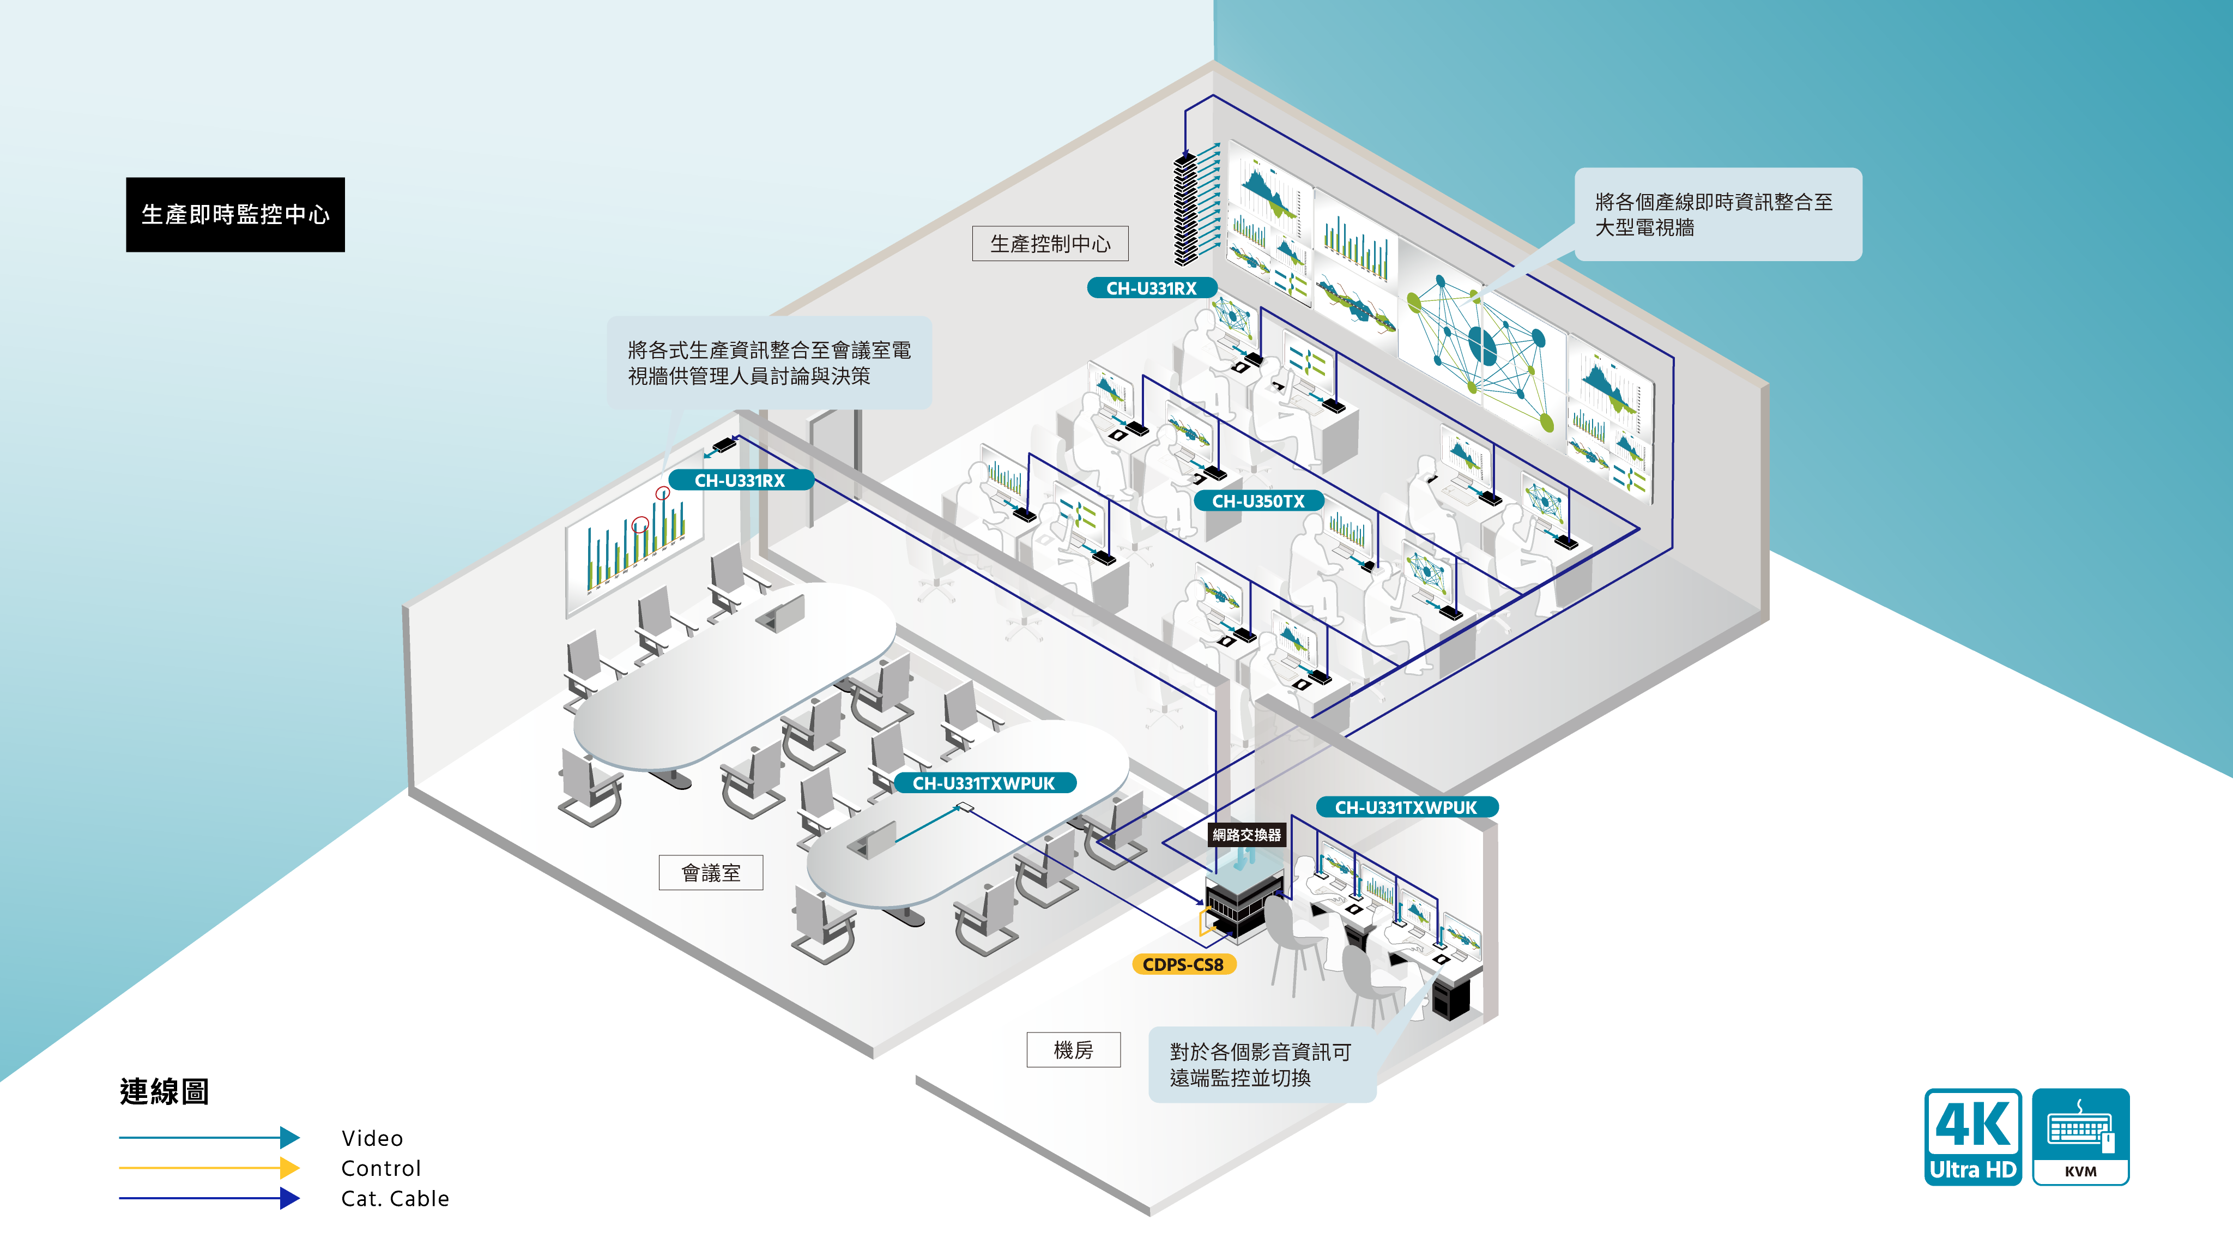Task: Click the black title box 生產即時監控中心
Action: (235, 215)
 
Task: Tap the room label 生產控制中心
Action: (1050, 244)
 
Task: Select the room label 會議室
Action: (711, 873)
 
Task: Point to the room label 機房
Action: (1073, 1050)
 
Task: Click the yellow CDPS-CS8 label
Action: (1183, 964)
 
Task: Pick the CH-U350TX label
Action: (1258, 501)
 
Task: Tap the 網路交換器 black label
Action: (1246, 835)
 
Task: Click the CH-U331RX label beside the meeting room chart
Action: (740, 480)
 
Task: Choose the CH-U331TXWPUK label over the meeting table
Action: (984, 783)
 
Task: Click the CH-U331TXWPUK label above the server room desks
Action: (1406, 807)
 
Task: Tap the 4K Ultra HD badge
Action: (1973, 1137)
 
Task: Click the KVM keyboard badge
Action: (2080, 1137)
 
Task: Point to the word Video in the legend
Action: (372, 1138)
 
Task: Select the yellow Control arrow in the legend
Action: (209, 1168)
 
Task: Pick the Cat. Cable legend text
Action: (395, 1199)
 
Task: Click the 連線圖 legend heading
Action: (164, 1091)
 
